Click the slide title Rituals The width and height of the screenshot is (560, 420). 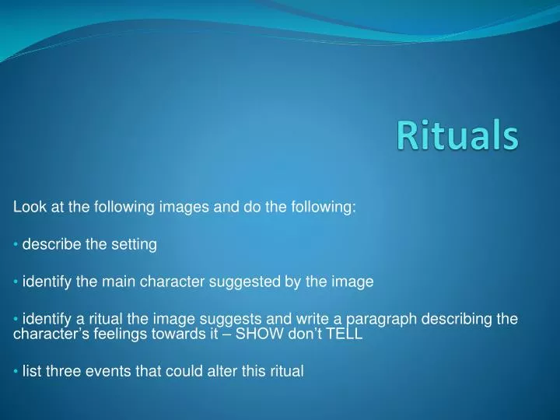(457, 136)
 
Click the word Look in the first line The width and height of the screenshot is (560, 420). (27, 207)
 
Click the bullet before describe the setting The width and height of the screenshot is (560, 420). (16, 245)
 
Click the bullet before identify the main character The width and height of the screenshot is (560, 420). (16, 282)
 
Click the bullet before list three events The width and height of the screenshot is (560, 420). (16, 372)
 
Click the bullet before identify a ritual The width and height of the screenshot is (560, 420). (16, 320)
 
